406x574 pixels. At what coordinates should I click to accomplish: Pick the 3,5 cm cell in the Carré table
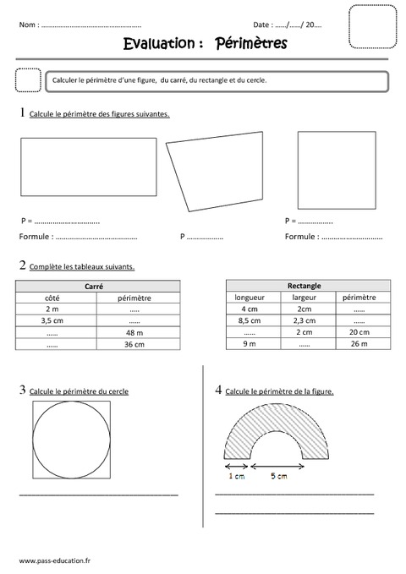coord(52,321)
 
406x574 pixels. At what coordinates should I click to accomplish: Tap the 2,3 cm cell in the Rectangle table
coord(304,320)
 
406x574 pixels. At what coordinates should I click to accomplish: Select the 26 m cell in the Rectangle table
coord(359,344)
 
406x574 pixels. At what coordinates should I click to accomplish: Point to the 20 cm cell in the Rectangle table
coord(359,332)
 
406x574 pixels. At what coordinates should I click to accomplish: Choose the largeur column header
coord(304,298)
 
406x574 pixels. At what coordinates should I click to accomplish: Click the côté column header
coord(52,298)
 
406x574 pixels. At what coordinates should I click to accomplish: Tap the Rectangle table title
coord(304,286)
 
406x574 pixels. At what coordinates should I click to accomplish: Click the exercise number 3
coord(22,390)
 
